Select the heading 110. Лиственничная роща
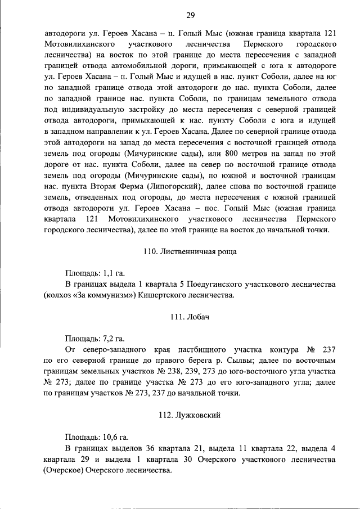[190, 251]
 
